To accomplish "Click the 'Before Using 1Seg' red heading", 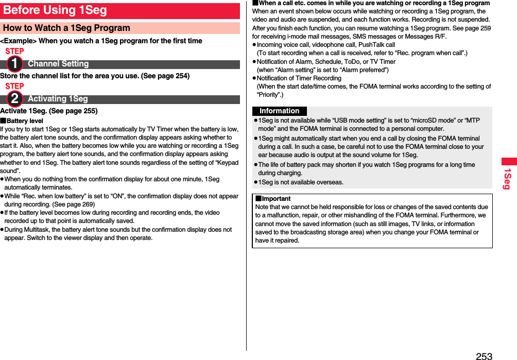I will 55,10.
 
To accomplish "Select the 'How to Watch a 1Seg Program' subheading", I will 66,28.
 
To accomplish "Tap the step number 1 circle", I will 14,64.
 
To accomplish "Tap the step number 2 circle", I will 14,99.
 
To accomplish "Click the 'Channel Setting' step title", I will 58,64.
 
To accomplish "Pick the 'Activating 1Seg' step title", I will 58,99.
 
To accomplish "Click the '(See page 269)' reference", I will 70,204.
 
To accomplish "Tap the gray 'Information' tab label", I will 279,111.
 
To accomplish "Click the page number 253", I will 484,355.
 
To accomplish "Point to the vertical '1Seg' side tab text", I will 507,178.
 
